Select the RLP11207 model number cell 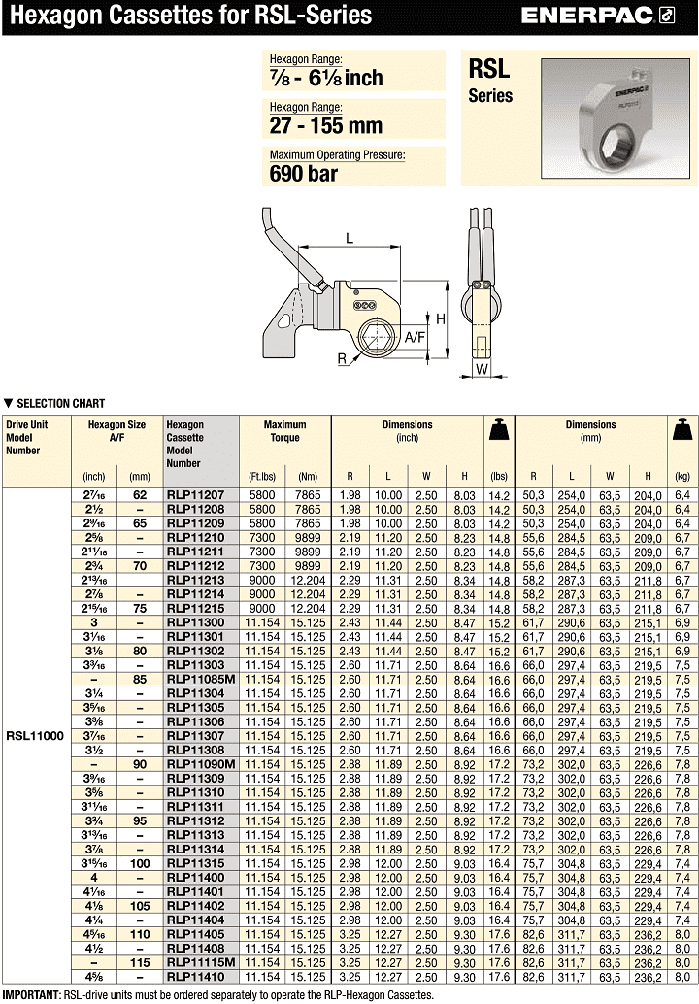196,495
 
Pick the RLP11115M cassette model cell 202,962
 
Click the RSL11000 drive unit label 35,736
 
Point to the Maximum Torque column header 284,431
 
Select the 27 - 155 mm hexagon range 325,125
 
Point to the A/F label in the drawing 416,337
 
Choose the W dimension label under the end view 482,369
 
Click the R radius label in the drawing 344,358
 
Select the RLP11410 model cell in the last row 196,976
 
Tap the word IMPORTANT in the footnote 31,995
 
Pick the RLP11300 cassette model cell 196,621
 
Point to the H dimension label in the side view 440,319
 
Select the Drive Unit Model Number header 26,437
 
